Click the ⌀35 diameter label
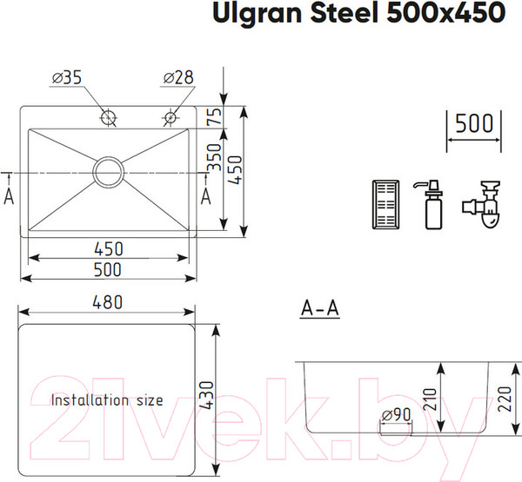click(66, 78)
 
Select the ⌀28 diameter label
click(177, 78)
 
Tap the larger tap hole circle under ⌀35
click(109, 117)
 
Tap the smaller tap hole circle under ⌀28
click(169, 117)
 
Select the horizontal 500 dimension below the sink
click(109, 270)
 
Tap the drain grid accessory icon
click(385, 205)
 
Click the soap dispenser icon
click(432, 203)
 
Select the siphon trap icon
click(482, 205)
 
